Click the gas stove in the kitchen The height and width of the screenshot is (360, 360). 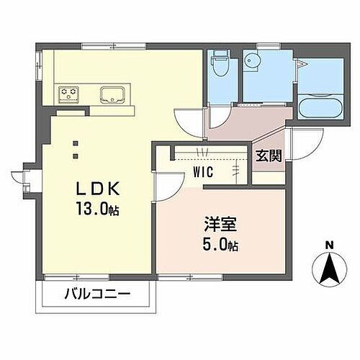71,92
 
